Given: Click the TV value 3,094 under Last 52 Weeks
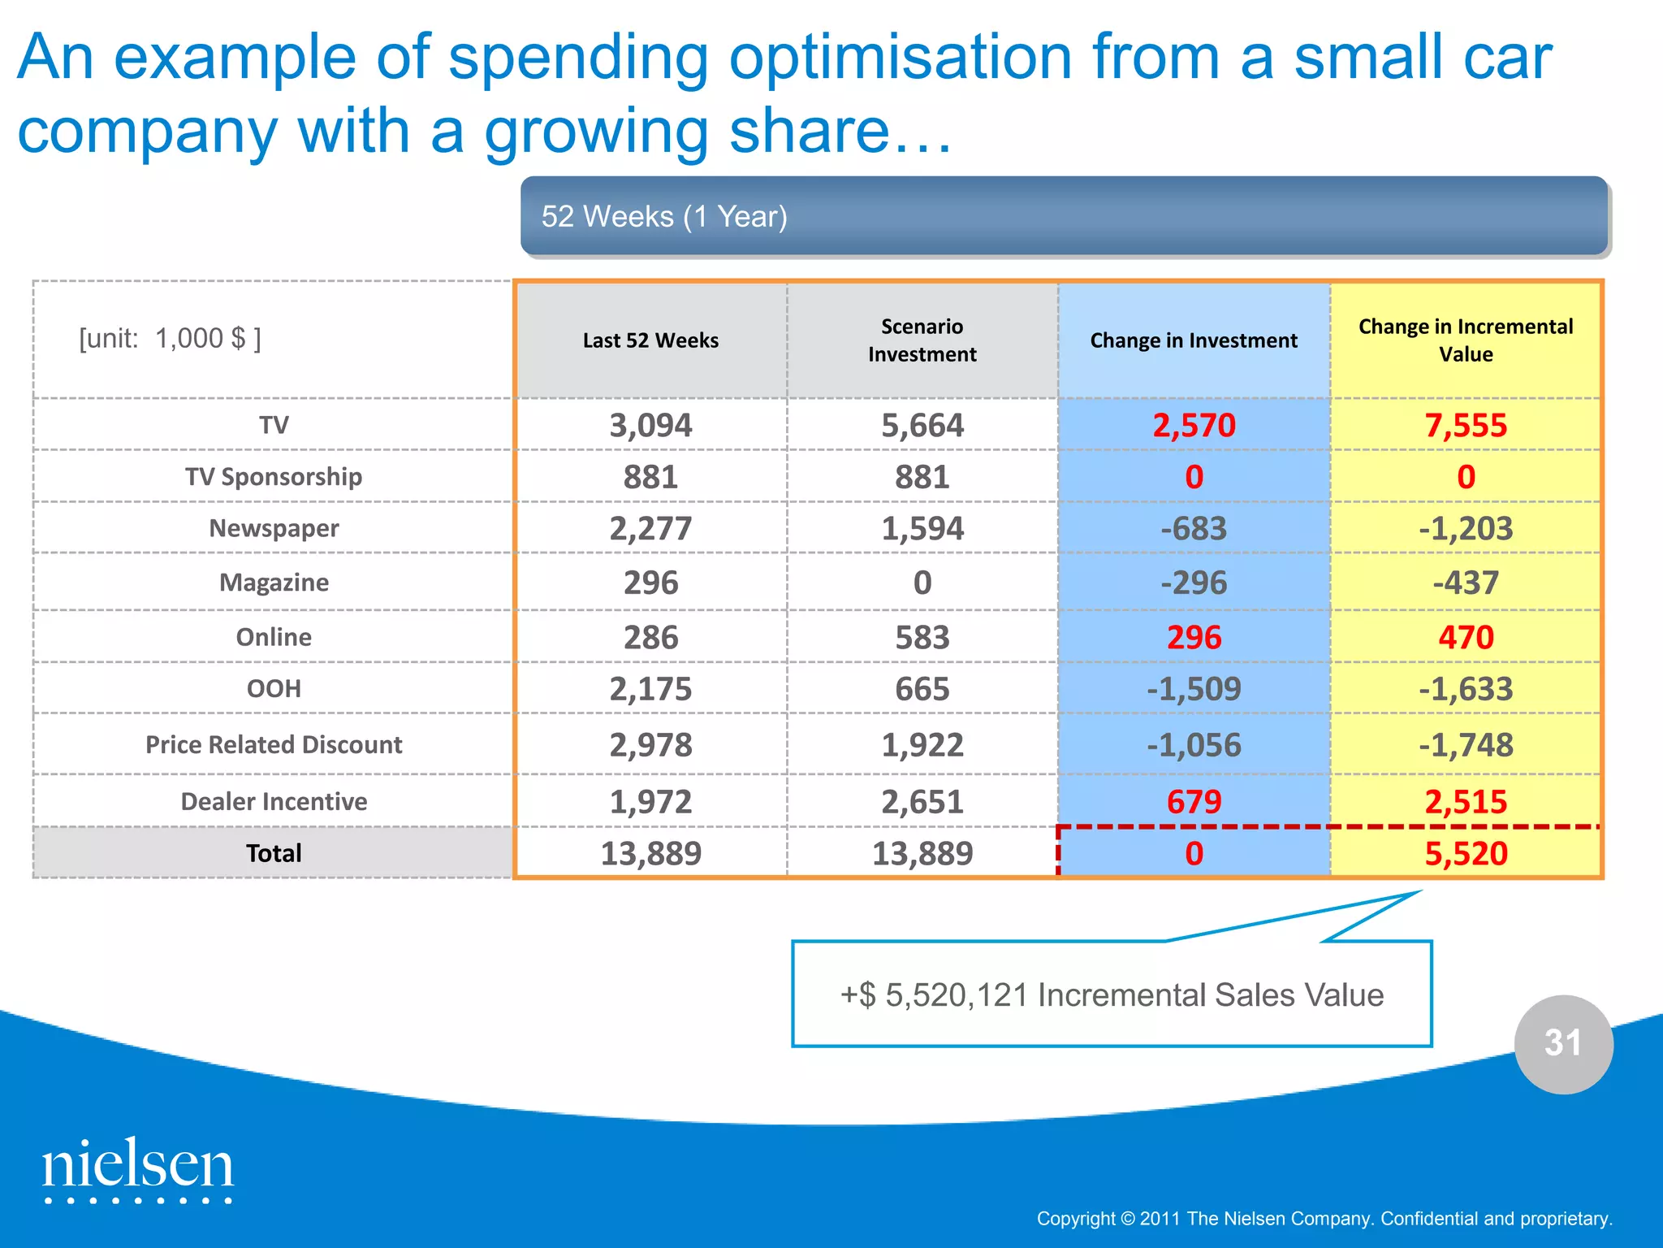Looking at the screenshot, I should coord(650,425).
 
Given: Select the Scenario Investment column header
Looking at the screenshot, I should coord(922,340).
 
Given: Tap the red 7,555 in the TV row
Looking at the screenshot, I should coord(1465,425).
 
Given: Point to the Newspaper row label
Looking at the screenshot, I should coord(274,528).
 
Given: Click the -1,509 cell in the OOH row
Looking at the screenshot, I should coord(1193,689).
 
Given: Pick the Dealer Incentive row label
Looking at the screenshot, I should coord(274,801).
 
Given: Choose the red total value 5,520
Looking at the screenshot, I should coord(1465,853).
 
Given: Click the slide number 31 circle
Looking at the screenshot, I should coord(1563,1043).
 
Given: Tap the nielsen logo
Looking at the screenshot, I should coord(138,1168).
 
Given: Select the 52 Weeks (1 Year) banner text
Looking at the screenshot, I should coord(663,217).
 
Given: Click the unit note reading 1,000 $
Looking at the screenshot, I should coord(170,338).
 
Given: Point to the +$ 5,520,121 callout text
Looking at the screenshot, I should coord(1112,994).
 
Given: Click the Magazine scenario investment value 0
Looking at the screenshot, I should coord(922,583).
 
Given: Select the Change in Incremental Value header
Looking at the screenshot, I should coord(1465,340).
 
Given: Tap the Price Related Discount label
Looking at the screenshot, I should coord(274,744).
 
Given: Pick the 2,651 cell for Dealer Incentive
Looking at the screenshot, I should coord(922,802).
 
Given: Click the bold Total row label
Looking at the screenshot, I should coord(274,853).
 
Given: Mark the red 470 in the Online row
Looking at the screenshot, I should coord(1465,637).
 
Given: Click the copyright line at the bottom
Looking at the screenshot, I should coord(1324,1219).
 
